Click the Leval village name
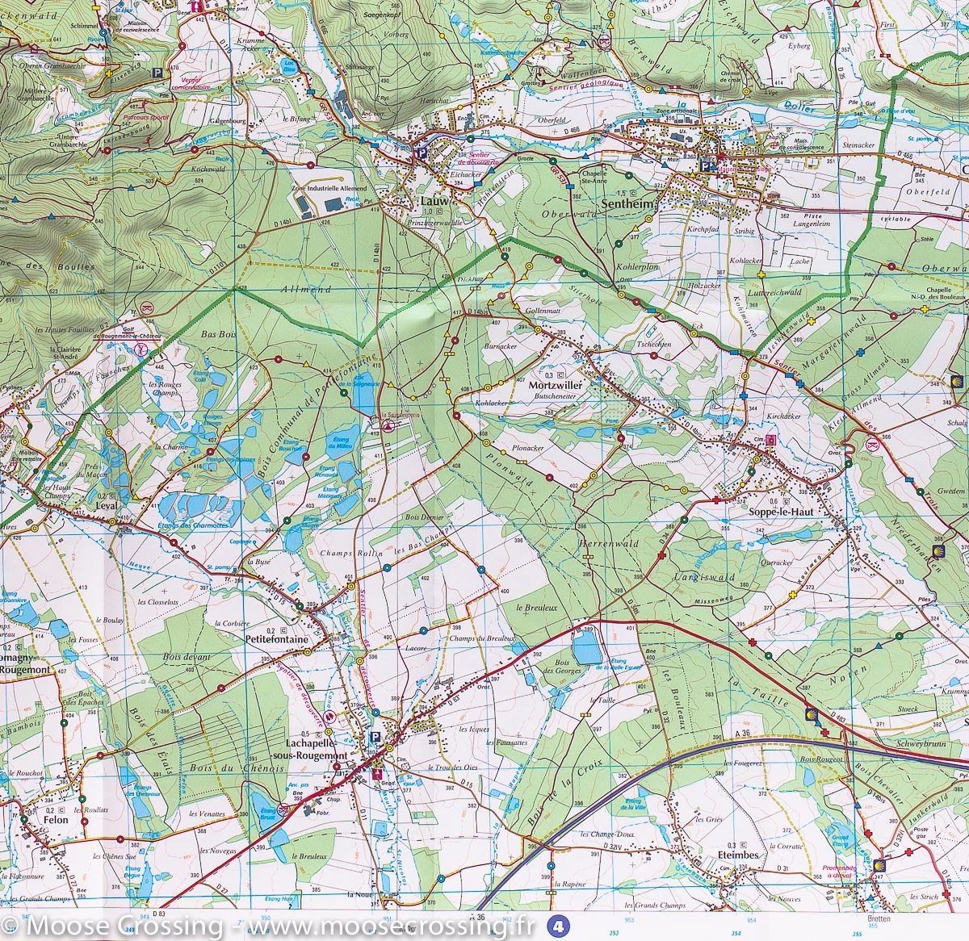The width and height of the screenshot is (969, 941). pos(107,506)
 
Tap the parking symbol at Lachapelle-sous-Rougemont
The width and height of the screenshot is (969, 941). pos(375,737)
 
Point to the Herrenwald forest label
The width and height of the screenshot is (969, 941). pos(608,544)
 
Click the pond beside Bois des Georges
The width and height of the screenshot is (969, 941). pos(586,646)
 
